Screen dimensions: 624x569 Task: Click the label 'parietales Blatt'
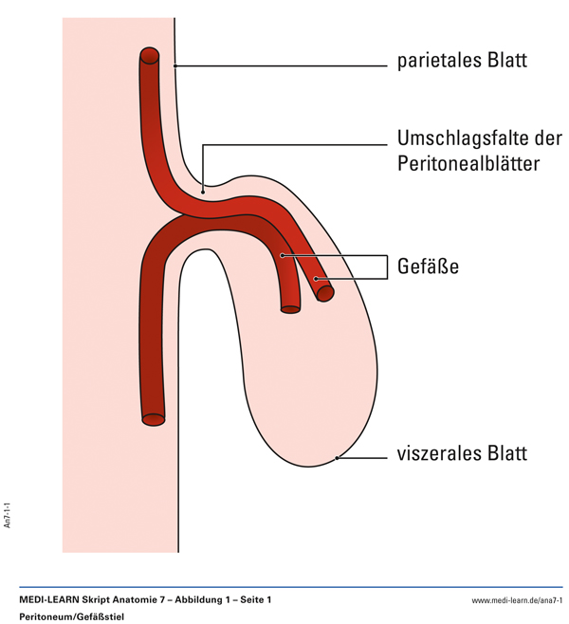click(461, 63)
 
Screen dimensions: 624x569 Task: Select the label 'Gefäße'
click(428, 266)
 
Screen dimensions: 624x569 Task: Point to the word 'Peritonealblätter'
click(468, 163)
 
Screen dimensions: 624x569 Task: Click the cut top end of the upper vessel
click(150, 56)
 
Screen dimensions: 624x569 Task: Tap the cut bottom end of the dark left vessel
click(153, 416)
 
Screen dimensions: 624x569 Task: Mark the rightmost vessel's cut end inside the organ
click(325, 291)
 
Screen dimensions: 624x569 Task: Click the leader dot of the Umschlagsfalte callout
click(203, 191)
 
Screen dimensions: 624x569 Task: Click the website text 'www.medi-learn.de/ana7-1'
click(517, 601)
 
